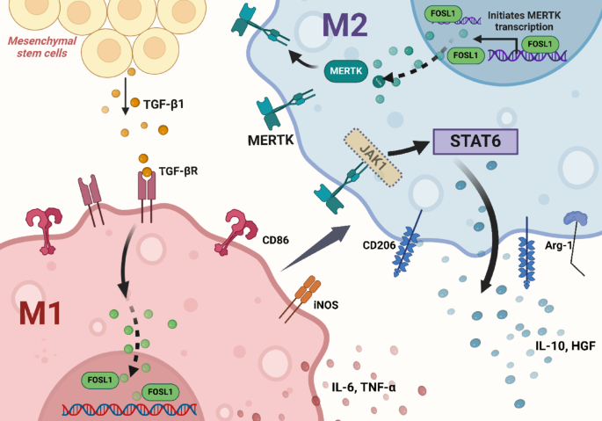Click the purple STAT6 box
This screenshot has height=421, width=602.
point(475,142)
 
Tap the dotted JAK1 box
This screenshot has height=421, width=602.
point(373,158)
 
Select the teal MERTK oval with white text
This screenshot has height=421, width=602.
point(346,71)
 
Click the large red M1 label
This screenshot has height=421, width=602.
point(40,314)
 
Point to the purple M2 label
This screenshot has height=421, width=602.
point(345,25)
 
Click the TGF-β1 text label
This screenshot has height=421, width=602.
point(163,104)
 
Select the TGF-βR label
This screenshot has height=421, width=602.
point(178,171)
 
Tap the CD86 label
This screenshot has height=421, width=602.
point(275,240)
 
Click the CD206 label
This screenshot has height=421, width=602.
point(379,245)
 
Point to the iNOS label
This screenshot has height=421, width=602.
point(326,305)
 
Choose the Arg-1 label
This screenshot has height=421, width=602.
point(559,245)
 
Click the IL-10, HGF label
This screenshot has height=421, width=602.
point(565,346)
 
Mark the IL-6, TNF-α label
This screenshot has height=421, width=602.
point(364,387)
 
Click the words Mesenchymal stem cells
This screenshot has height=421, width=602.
point(42,47)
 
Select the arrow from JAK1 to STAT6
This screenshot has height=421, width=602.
point(409,148)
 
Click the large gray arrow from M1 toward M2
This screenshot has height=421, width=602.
point(316,248)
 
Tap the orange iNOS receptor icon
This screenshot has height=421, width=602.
point(301,298)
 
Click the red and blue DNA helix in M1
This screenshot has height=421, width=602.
point(129,410)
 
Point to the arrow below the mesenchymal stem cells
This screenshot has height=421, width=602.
point(125,97)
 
